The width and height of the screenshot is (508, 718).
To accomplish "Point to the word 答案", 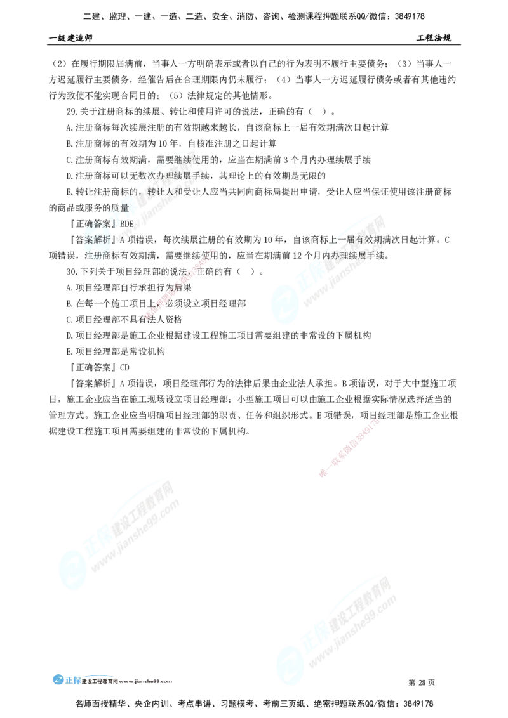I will click(x=98, y=224).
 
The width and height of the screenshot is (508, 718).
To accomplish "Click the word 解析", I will click(x=109, y=240).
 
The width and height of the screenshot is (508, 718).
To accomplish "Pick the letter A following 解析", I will click(x=123, y=240).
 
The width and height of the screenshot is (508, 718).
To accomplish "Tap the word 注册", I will click(x=95, y=256).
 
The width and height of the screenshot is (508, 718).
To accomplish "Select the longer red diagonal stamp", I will click(x=180, y=283).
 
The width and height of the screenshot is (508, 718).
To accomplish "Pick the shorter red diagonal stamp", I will click(x=350, y=447).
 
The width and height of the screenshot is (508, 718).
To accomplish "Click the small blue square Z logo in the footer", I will click(x=59, y=679).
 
